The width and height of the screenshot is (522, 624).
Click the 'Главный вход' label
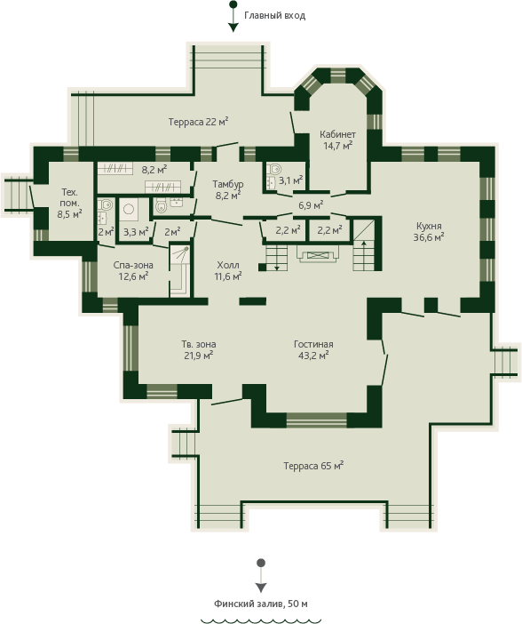(x=274, y=16)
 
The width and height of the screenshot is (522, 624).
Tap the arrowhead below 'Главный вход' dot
(x=233, y=28)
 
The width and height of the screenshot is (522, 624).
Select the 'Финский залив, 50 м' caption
(x=261, y=604)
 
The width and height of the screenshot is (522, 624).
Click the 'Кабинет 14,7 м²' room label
(x=337, y=140)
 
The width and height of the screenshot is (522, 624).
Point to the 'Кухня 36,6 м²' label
(x=429, y=232)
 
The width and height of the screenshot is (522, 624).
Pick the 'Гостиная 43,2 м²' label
(x=313, y=349)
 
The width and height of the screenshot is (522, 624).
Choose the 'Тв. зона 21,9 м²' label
(x=199, y=349)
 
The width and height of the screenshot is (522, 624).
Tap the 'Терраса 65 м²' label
(x=313, y=466)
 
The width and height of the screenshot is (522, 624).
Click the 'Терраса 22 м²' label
(x=198, y=122)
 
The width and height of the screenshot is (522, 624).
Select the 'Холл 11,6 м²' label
(x=228, y=270)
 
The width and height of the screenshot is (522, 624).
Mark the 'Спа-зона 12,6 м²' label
(x=133, y=270)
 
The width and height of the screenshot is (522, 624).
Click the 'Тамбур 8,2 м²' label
(x=227, y=189)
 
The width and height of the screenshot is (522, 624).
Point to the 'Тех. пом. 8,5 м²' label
(x=69, y=203)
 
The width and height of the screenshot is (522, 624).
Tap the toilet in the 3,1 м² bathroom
(x=274, y=169)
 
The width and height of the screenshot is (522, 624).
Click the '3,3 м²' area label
(x=136, y=232)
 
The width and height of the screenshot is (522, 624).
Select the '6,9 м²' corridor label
(x=311, y=205)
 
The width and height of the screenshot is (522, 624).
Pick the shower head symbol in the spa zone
(x=186, y=249)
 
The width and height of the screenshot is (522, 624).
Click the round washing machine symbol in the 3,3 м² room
(x=129, y=209)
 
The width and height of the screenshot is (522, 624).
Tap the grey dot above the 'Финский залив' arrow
(x=261, y=563)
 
